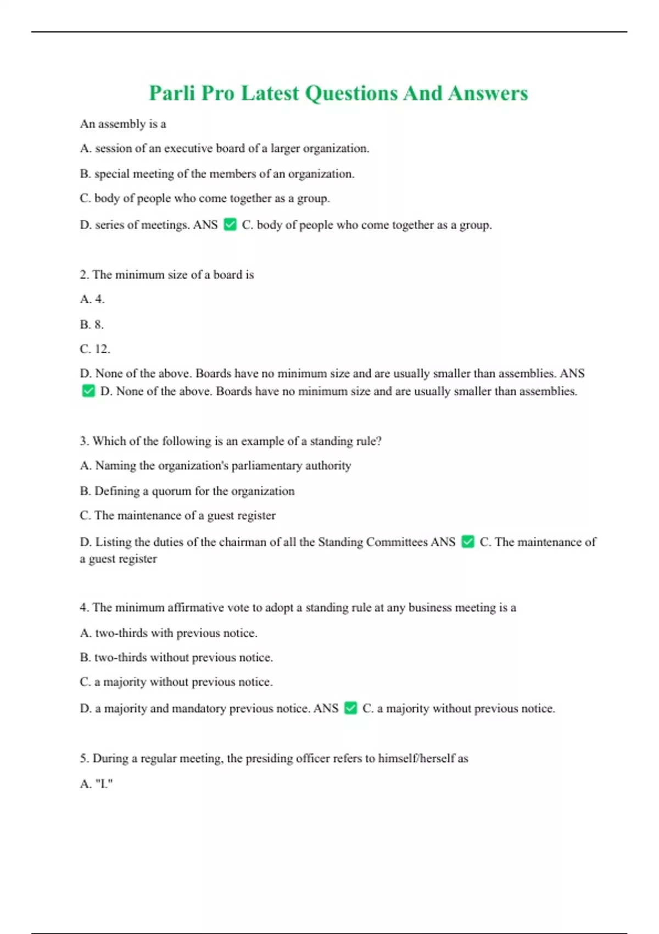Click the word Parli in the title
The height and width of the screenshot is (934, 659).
click(x=172, y=93)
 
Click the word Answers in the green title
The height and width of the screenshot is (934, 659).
click(x=488, y=93)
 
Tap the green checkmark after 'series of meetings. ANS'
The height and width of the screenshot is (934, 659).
click(x=230, y=225)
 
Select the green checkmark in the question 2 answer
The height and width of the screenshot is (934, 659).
click(x=88, y=391)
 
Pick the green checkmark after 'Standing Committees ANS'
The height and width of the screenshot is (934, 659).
click(x=468, y=542)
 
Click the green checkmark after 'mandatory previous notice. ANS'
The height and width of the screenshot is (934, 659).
click(x=350, y=708)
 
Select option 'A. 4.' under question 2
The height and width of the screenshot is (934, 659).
click(x=92, y=299)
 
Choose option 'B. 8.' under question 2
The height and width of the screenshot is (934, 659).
click(x=92, y=325)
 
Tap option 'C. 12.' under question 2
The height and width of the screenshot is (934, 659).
click(x=95, y=349)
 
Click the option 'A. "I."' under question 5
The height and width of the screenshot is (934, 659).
click(x=96, y=784)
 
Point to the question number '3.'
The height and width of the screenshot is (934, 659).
click(x=84, y=441)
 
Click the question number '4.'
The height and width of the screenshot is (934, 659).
click(x=84, y=608)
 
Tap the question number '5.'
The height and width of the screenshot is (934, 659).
click(x=84, y=759)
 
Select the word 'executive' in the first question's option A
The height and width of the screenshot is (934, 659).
click(x=188, y=148)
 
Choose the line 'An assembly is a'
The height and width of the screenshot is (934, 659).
click(x=123, y=124)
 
